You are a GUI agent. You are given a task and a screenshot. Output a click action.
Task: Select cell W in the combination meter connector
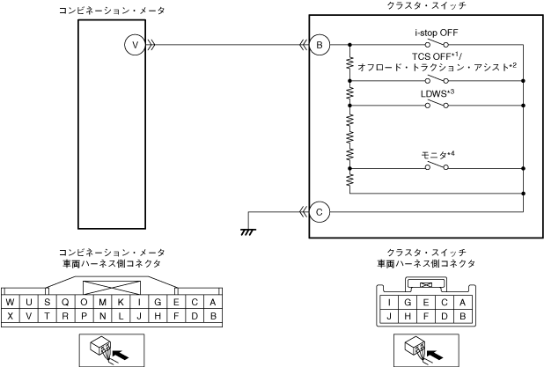click(10, 302)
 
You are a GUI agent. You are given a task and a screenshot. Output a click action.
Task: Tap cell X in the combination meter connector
click(10, 316)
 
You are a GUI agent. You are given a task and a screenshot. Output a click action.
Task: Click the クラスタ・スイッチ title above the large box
click(426, 6)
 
